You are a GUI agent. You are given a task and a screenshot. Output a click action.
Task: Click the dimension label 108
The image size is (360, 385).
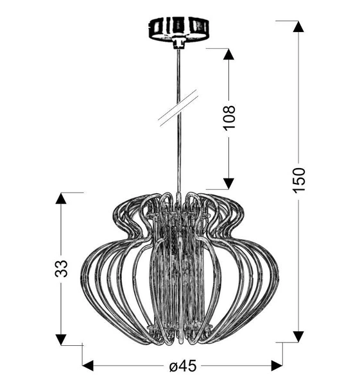228,117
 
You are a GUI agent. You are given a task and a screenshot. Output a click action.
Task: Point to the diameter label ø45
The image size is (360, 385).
182,366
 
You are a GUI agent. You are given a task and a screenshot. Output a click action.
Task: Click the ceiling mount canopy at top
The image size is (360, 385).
180,28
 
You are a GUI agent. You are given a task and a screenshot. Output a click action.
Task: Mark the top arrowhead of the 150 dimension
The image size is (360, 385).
298,26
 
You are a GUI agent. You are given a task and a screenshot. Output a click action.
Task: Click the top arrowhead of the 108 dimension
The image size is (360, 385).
228,54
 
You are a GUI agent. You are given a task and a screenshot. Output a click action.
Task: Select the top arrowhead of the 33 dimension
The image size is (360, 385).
61,198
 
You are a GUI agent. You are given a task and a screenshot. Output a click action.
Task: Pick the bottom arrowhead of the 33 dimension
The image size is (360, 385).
61,339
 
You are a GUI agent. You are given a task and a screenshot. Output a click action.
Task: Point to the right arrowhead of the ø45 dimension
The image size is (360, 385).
277,366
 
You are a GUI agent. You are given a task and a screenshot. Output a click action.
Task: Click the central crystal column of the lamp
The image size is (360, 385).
179,269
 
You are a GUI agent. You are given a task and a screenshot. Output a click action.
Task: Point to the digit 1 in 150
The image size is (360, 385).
298,193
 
